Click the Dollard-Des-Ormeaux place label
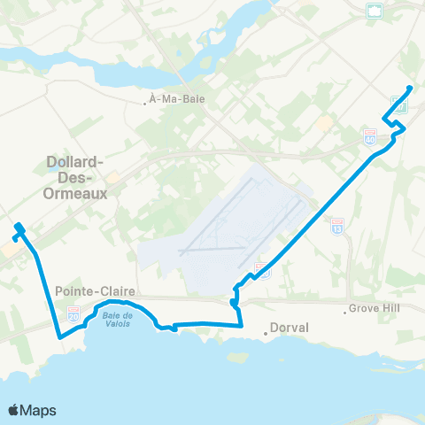(x=76, y=175)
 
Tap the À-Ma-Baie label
(x=177, y=100)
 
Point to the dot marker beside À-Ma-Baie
(x=144, y=102)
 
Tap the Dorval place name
(x=290, y=328)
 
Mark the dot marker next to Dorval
(x=266, y=333)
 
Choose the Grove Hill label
(x=375, y=311)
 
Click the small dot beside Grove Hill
(x=344, y=312)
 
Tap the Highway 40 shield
(x=369, y=138)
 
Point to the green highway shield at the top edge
(x=375, y=11)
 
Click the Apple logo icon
(x=13, y=410)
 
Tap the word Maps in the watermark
(x=39, y=410)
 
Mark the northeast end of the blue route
(x=409, y=87)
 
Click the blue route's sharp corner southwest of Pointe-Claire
(x=59, y=337)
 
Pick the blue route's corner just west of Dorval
(x=242, y=325)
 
